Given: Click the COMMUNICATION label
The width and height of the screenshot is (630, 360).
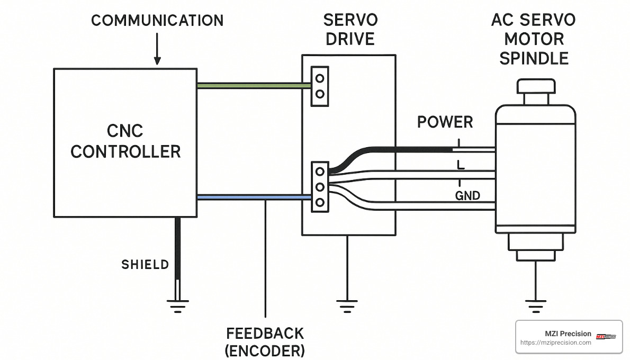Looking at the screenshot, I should [x=157, y=21].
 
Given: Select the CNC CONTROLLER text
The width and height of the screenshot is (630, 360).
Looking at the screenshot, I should [x=125, y=141].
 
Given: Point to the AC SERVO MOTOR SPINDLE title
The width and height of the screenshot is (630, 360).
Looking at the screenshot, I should [x=533, y=39].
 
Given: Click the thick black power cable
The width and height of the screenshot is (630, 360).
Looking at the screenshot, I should [x=402, y=147].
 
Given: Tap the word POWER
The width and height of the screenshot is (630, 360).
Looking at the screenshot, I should [x=445, y=122].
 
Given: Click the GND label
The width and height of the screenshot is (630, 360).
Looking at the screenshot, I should [x=467, y=196].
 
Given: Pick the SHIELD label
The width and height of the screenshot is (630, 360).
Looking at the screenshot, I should [x=145, y=265].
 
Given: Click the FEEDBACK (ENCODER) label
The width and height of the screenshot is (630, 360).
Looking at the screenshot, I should [x=265, y=341].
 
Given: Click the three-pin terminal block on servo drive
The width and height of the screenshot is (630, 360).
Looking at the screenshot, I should [x=319, y=187].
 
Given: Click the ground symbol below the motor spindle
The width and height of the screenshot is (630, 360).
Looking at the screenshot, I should [x=535, y=305].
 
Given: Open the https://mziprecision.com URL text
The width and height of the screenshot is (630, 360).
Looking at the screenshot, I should [x=556, y=343].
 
